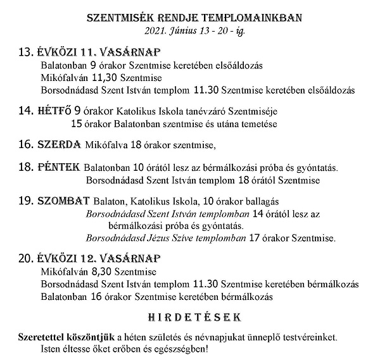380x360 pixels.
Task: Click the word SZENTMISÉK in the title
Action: (x=117, y=17)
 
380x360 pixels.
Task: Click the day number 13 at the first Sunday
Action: (x=26, y=53)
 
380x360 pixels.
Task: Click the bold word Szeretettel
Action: (x=41, y=335)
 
